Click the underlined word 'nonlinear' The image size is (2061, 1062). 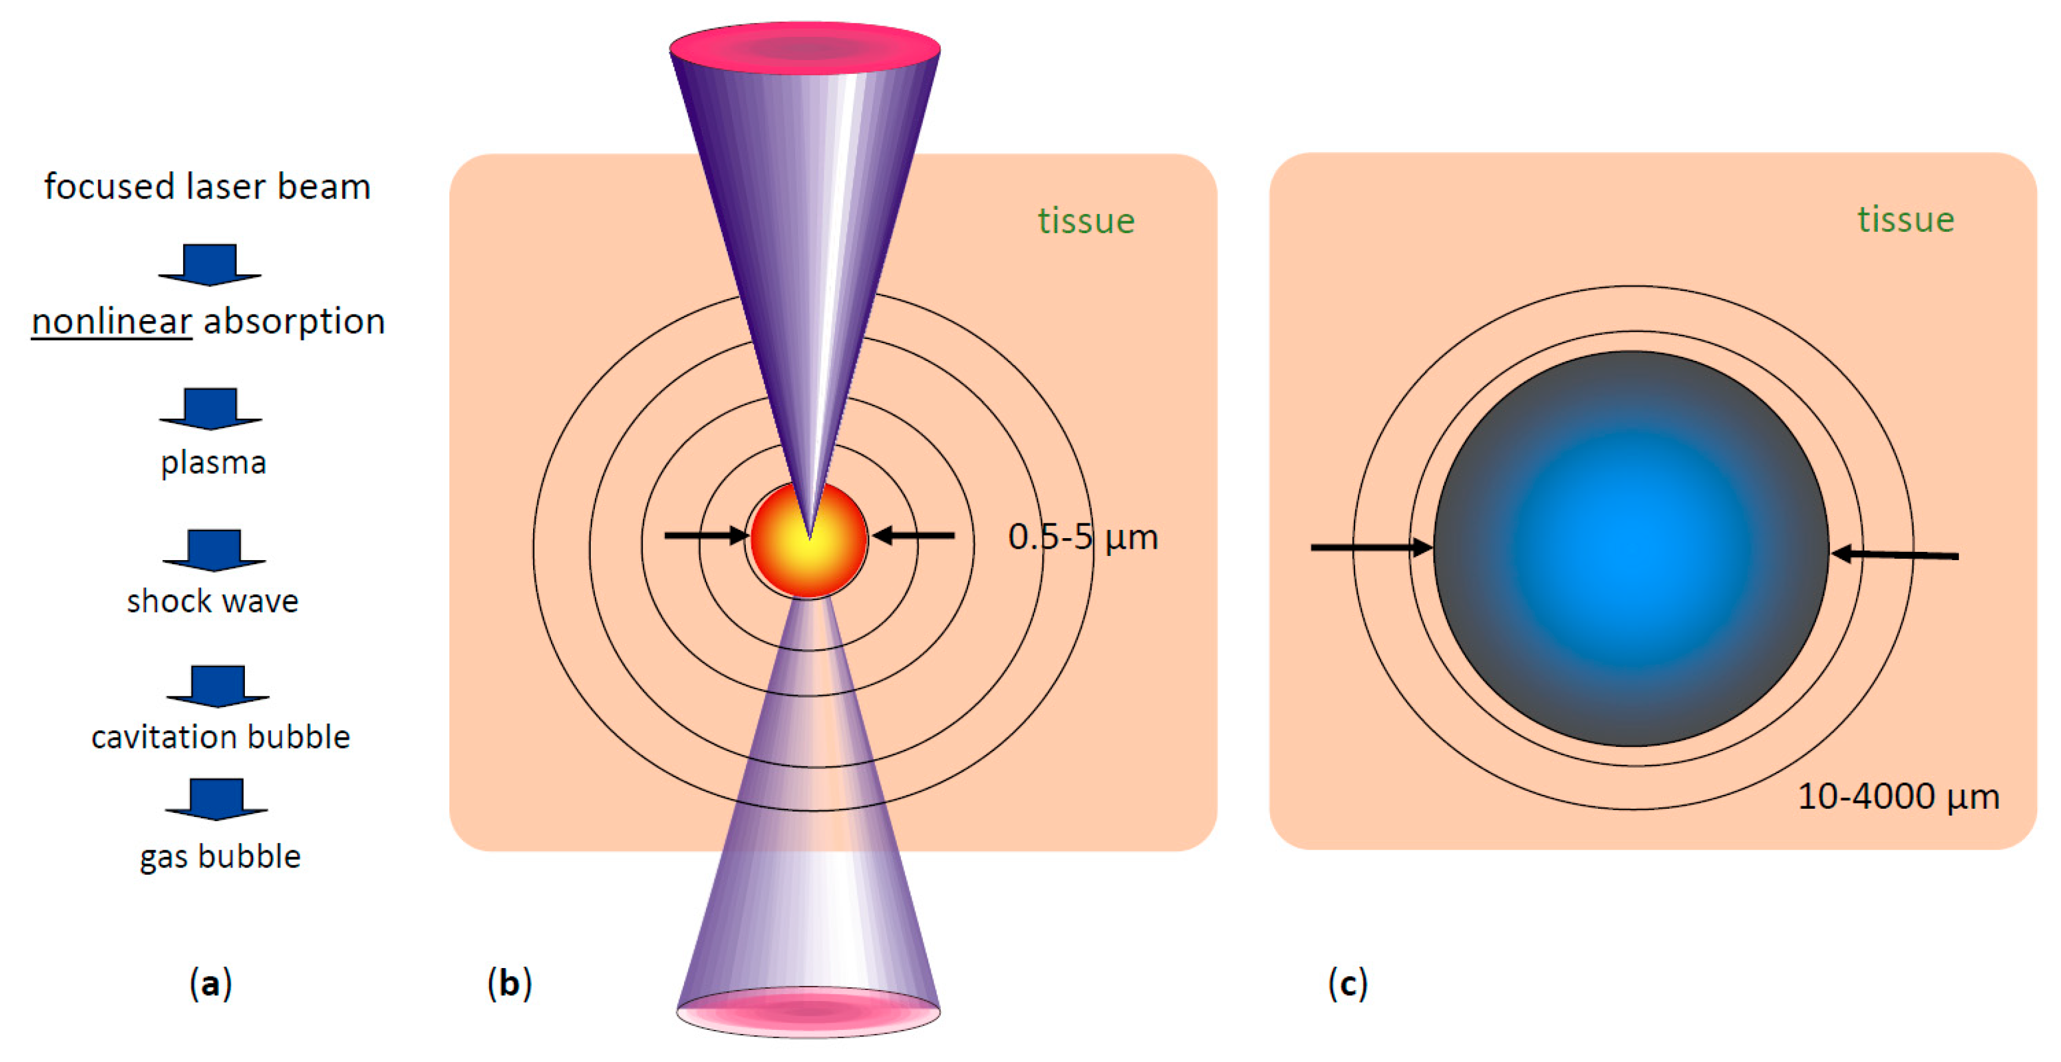pos(111,322)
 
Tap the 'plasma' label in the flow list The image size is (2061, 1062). pos(213,463)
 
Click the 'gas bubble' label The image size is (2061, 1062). pos(220,856)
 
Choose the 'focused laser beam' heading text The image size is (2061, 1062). pos(207,187)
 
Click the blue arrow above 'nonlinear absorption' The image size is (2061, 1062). pos(210,264)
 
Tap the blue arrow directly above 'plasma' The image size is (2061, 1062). pos(210,408)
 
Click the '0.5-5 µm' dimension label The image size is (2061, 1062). pos(1083,537)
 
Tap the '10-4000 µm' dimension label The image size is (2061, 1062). pos(1898,796)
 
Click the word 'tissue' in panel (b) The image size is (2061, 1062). pos(1086,221)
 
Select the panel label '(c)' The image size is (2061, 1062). pos(1347,983)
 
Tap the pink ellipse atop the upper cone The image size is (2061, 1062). pos(805,48)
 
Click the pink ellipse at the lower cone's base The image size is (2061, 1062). pos(808,1013)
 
